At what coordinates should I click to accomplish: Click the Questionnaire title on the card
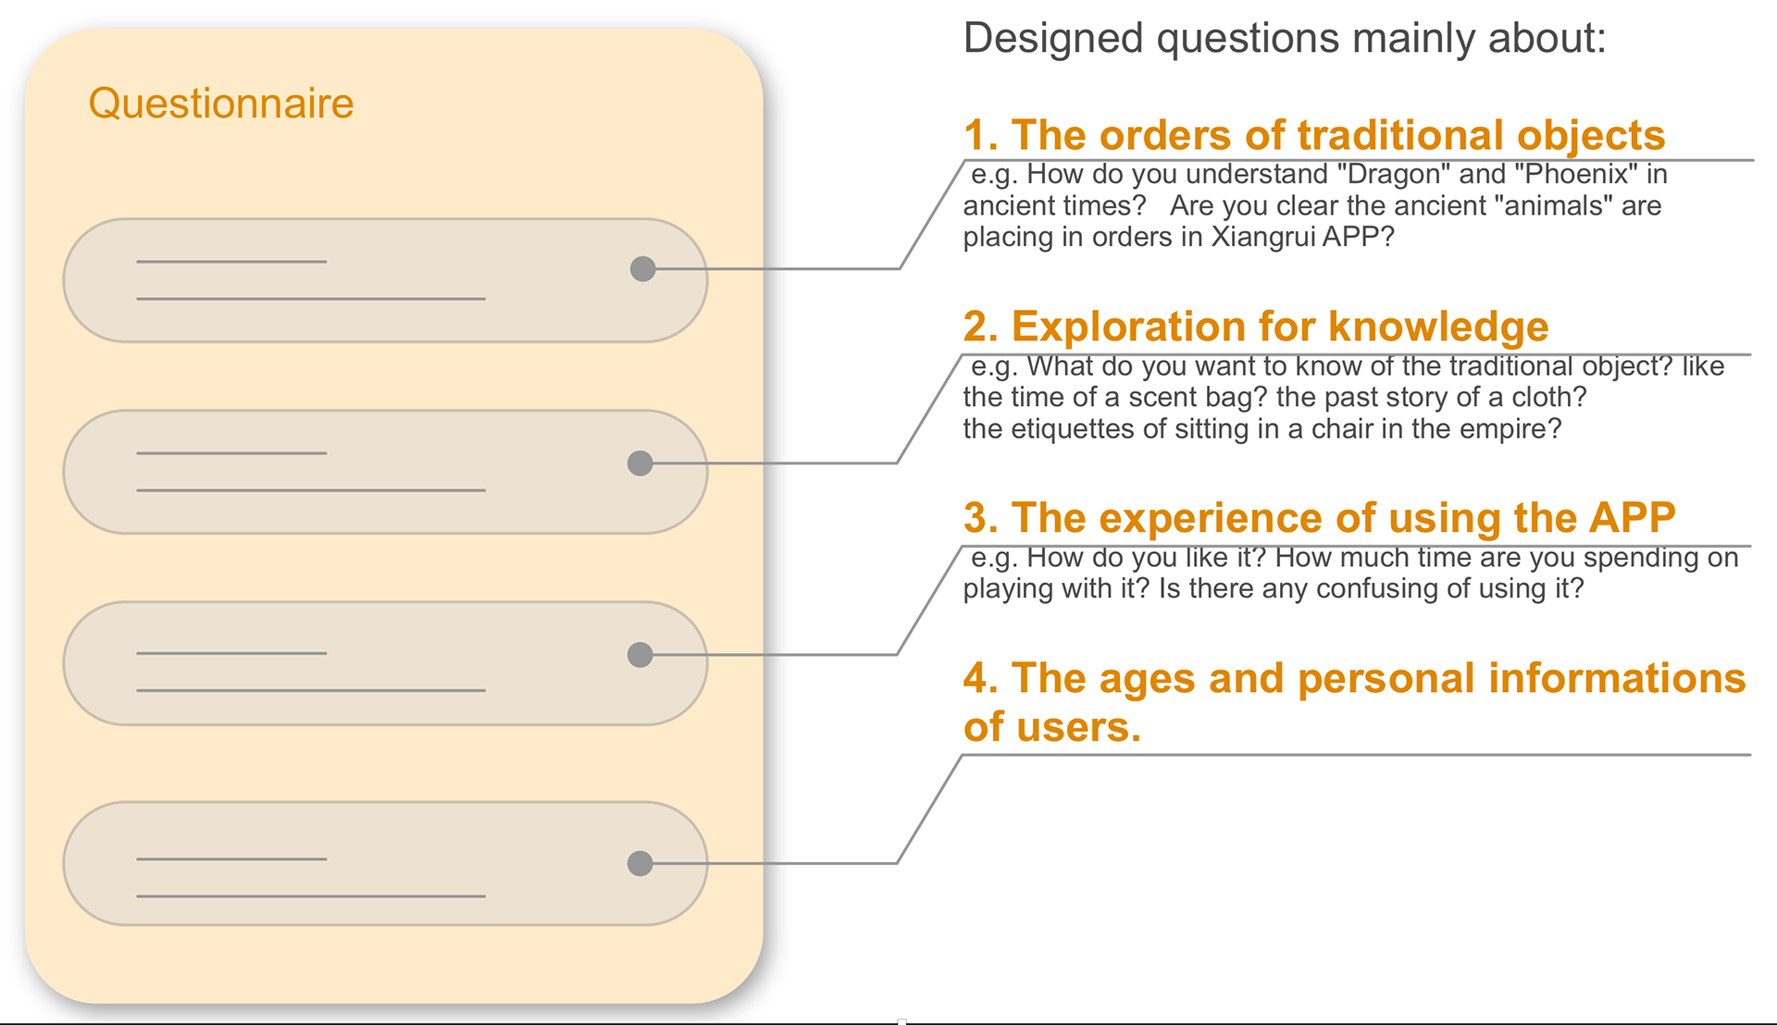tap(221, 104)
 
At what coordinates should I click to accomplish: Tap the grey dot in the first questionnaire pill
tap(642, 269)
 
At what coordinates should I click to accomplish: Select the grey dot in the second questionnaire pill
tap(640, 463)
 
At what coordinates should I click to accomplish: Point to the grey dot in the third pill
tap(640, 655)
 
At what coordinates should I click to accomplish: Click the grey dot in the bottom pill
tap(640, 864)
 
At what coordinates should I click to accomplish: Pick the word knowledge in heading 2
tap(1438, 327)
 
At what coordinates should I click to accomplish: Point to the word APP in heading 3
tap(1632, 518)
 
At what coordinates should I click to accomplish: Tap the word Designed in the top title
tap(1053, 40)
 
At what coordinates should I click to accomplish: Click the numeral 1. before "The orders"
tap(981, 136)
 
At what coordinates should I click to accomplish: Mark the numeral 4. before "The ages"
tap(981, 679)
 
